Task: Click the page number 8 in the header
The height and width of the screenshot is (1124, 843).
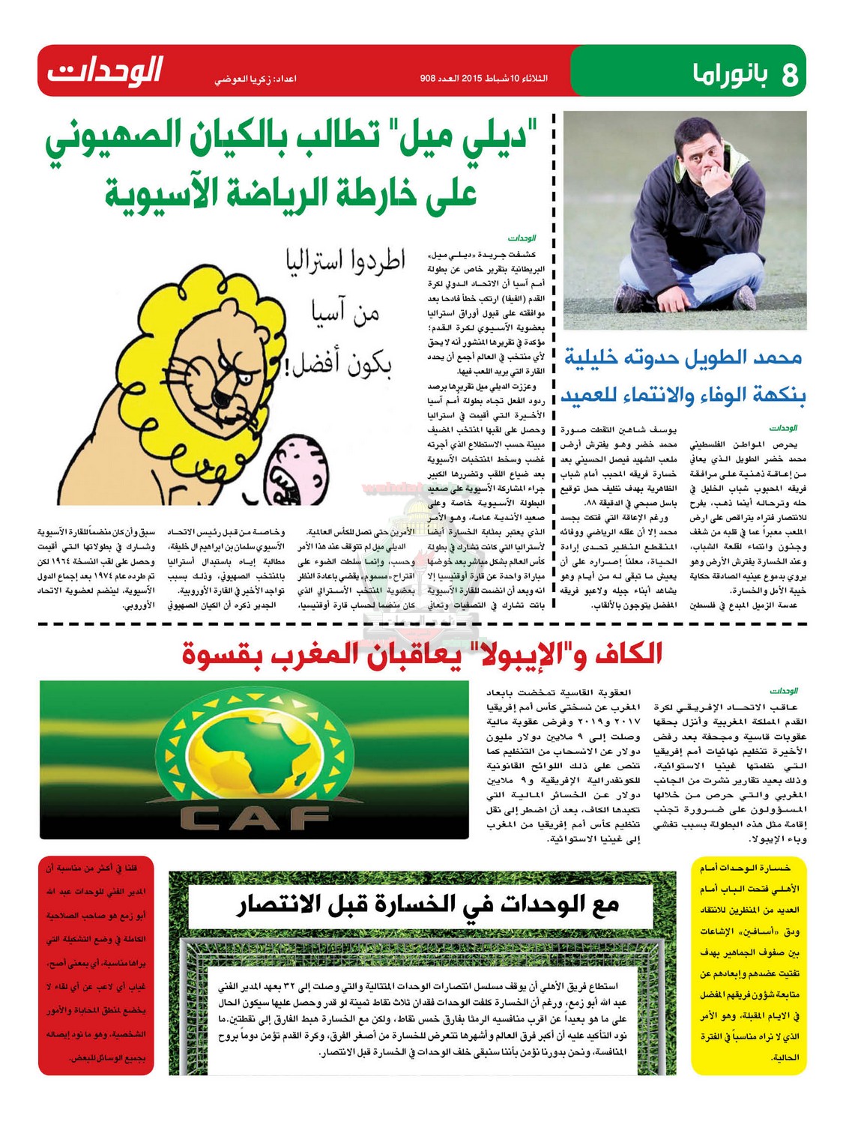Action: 789,75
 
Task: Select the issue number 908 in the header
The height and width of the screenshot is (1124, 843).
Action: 428,78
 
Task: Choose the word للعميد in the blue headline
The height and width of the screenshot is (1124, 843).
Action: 596,395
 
